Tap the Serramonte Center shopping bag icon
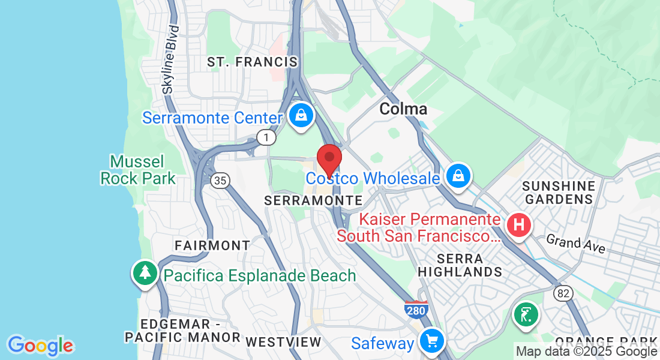click(x=301, y=115)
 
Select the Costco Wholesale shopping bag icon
click(x=458, y=176)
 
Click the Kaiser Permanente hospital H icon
click(x=519, y=226)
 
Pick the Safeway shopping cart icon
click(x=431, y=341)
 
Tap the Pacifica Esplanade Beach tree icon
click(x=145, y=274)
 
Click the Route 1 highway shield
click(x=265, y=137)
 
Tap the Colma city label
click(x=403, y=109)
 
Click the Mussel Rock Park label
click(x=138, y=170)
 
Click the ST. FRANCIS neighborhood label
click(x=252, y=62)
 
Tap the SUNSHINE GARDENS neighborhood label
click(x=558, y=192)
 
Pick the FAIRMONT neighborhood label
click(x=212, y=245)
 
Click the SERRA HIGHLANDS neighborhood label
click(x=460, y=265)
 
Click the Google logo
click(x=41, y=346)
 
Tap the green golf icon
click(x=526, y=314)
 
